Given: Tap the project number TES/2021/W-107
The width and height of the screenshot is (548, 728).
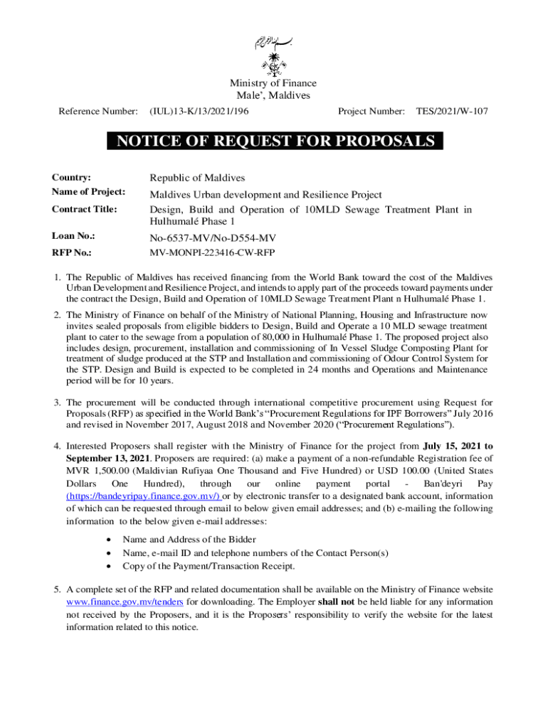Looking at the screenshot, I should [x=452, y=112].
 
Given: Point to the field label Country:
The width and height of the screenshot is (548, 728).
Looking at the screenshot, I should [x=71, y=177].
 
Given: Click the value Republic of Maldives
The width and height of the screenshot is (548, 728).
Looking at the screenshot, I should [x=197, y=177].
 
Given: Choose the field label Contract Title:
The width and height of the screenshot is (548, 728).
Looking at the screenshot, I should [x=84, y=210].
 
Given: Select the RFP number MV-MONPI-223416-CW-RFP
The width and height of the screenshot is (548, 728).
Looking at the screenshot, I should [x=212, y=252].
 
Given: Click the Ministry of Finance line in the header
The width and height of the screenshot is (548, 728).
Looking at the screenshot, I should [x=273, y=84].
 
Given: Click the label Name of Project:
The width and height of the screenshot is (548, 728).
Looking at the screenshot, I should [x=88, y=192].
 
